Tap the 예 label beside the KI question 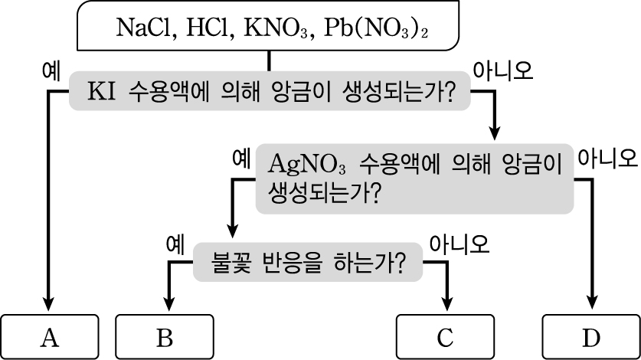(x=51, y=71)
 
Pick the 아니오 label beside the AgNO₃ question (x=607, y=159)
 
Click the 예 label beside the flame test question (x=175, y=244)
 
